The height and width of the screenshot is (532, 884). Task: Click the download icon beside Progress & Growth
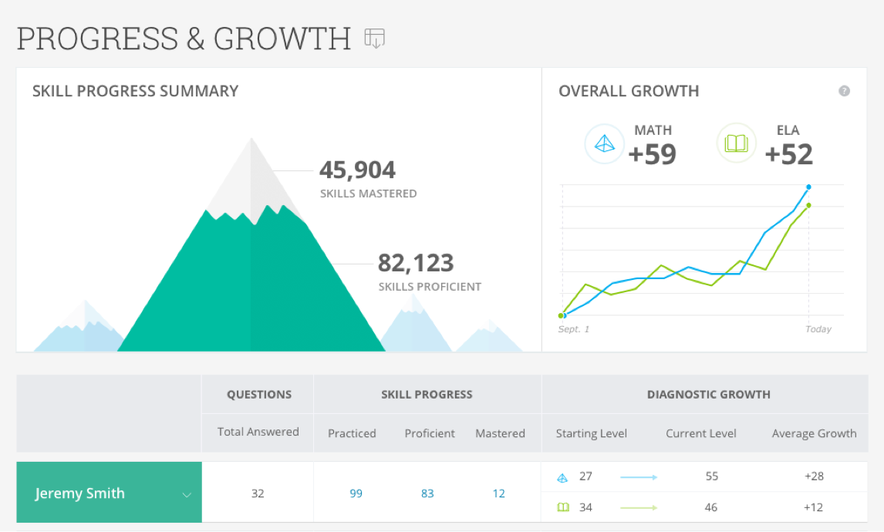click(x=375, y=38)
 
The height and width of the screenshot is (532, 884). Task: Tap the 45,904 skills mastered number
click(x=357, y=170)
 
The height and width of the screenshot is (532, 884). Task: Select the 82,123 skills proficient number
click(x=415, y=263)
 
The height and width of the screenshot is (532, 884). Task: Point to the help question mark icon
click(x=844, y=91)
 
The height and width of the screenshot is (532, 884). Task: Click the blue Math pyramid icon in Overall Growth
click(x=604, y=144)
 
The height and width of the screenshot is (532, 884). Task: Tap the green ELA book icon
click(x=736, y=143)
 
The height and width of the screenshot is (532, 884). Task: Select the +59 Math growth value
click(x=652, y=154)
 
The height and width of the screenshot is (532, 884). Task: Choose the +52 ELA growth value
click(x=788, y=154)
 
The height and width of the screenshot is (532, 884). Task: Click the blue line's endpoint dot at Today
click(x=808, y=187)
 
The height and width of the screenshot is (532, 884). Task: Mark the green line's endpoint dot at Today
click(x=808, y=205)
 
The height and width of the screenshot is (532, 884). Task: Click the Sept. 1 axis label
click(x=573, y=329)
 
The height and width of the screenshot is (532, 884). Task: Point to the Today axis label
click(x=818, y=329)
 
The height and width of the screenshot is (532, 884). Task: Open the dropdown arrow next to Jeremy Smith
click(x=186, y=494)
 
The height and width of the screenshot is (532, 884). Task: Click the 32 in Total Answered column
click(x=258, y=493)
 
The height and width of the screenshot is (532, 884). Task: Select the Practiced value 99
click(x=356, y=493)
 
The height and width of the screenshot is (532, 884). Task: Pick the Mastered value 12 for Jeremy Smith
click(x=499, y=493)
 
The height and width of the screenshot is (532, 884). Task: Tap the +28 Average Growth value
click(x=814, y=476)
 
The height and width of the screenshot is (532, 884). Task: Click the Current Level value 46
click(x=711, y=507)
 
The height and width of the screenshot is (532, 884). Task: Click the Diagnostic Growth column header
click(x=708, y=394)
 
